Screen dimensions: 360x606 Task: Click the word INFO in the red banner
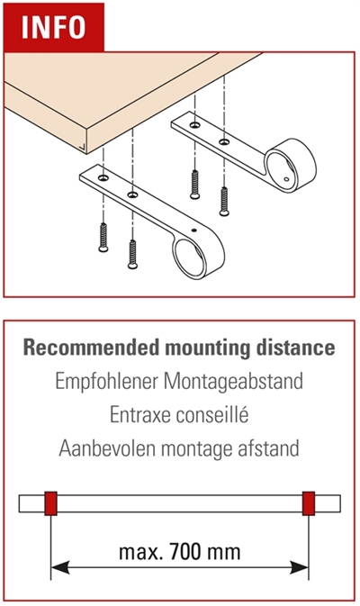tap(53, 27)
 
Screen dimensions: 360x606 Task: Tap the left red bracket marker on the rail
tap(50, 503)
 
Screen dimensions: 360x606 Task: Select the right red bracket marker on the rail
tap(308, 503)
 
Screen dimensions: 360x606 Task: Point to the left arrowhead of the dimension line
tap(60, 568)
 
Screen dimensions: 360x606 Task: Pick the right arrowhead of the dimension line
tap(300, 568)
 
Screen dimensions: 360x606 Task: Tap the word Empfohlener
tap(106, 382)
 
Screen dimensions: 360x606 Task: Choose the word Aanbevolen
tap(107, 448)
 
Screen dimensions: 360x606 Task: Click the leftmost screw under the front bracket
tap(103, 238)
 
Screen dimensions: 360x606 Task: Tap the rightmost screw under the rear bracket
tap(224, 201)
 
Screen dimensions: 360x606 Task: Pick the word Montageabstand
tap(233, 382)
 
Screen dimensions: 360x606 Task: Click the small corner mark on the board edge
tap(82, 146)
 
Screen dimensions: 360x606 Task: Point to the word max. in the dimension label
tap(141, 552)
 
